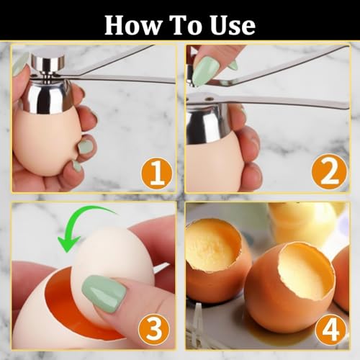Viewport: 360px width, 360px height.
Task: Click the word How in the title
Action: pos(134,25)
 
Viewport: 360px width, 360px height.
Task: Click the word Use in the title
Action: pos(230,25)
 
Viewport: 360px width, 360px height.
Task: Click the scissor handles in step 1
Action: pos(122,68)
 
